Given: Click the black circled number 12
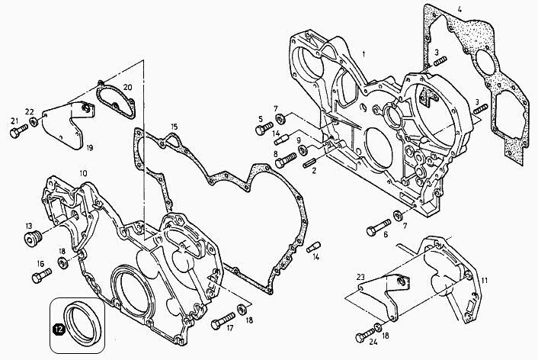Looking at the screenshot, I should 57,329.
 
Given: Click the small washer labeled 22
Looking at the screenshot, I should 30,124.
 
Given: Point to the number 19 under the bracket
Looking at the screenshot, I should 90,146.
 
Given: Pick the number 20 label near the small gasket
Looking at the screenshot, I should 127,88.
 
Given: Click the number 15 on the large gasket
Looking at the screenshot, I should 175,127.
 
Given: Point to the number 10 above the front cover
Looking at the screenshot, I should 83,174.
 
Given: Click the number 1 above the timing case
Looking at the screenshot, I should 364,53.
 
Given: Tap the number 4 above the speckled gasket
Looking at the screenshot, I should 460,10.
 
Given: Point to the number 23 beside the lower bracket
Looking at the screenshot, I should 360,278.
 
